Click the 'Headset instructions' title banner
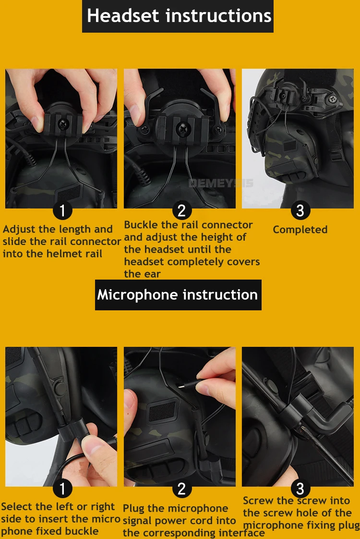pyautogui.click(x=178, y=16)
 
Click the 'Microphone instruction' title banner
pyautogui.click(x=178, y=295)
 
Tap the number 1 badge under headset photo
pyautogui.click(x=62, y=210)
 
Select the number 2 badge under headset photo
pyautogui.click(x=182, y=210)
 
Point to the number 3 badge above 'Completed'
pyautogui.click(x=300, y=210)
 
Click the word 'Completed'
pyautogui.click(x=300, y=230)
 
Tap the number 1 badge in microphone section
pyautogui.click(x=62, y=489)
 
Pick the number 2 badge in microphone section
pyautogui.click(x=182, y=489)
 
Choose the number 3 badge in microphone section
pyautogui.click(x=300, y=489)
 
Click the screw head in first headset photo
pyautogui.click(x=62, y=123)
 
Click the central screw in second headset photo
pyautogui.click(x=181, y=129)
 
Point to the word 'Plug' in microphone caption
pyautogui.click(x=133, y=508)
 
